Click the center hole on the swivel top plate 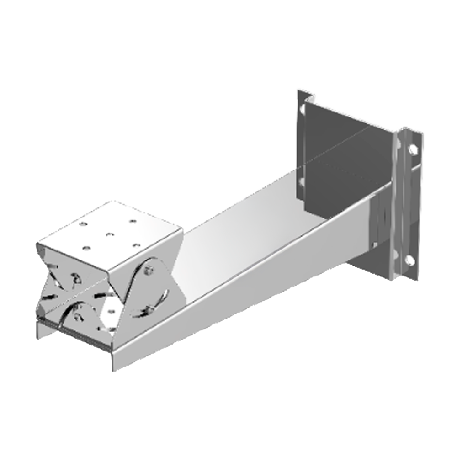point(109,235)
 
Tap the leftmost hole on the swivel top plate point(85,247)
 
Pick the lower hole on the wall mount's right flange point(410,260)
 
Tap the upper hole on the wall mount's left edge point(301,110)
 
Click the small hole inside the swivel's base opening point(110,310)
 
